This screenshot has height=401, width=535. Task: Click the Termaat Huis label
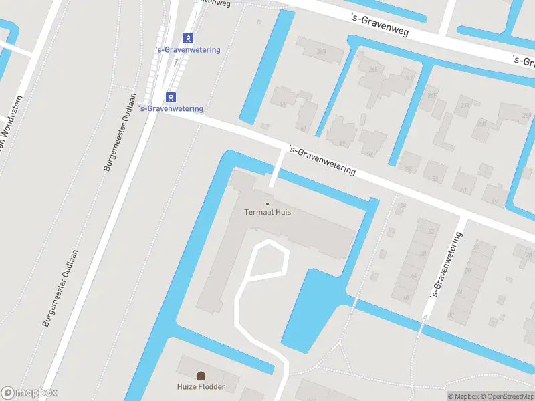click(267, 213)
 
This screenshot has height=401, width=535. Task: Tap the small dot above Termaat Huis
click(267, 203)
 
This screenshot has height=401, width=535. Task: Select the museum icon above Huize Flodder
click(201, 376)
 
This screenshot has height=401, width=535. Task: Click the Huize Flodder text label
click(201, 386)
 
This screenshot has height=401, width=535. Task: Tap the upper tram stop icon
click(189, 38)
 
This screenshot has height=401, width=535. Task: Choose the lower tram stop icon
click(171, 96)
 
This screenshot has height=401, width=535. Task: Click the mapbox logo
click(29, 393)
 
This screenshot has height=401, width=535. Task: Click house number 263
click(321, 51)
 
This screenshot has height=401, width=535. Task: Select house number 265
click(372, 70)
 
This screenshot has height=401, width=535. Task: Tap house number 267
click(408, 78)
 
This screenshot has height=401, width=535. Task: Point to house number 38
click(451, 315)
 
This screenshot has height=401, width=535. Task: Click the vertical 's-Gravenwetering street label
click(447, 265)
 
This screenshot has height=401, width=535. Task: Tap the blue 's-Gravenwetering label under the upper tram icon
click(187, 50)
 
